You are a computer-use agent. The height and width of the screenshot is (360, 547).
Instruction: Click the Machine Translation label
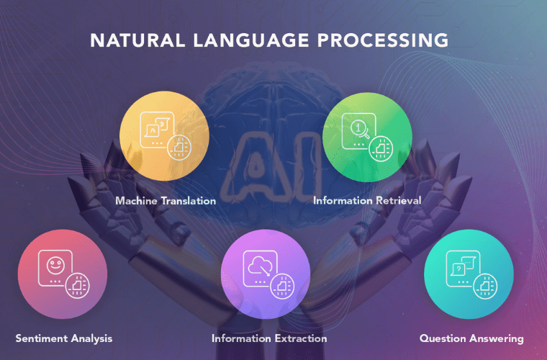click(x=166, y=201)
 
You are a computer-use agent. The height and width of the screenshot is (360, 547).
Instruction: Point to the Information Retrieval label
click(x=367, y=201)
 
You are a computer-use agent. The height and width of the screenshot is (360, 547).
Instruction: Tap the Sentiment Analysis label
click(x=64, y=338)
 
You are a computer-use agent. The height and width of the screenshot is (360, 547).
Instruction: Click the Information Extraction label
click(x=269, y=338)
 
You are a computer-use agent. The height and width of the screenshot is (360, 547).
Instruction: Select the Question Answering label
click(x=471, y=338)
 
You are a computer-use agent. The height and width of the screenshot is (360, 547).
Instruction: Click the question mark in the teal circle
click(x=458, y=268)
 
